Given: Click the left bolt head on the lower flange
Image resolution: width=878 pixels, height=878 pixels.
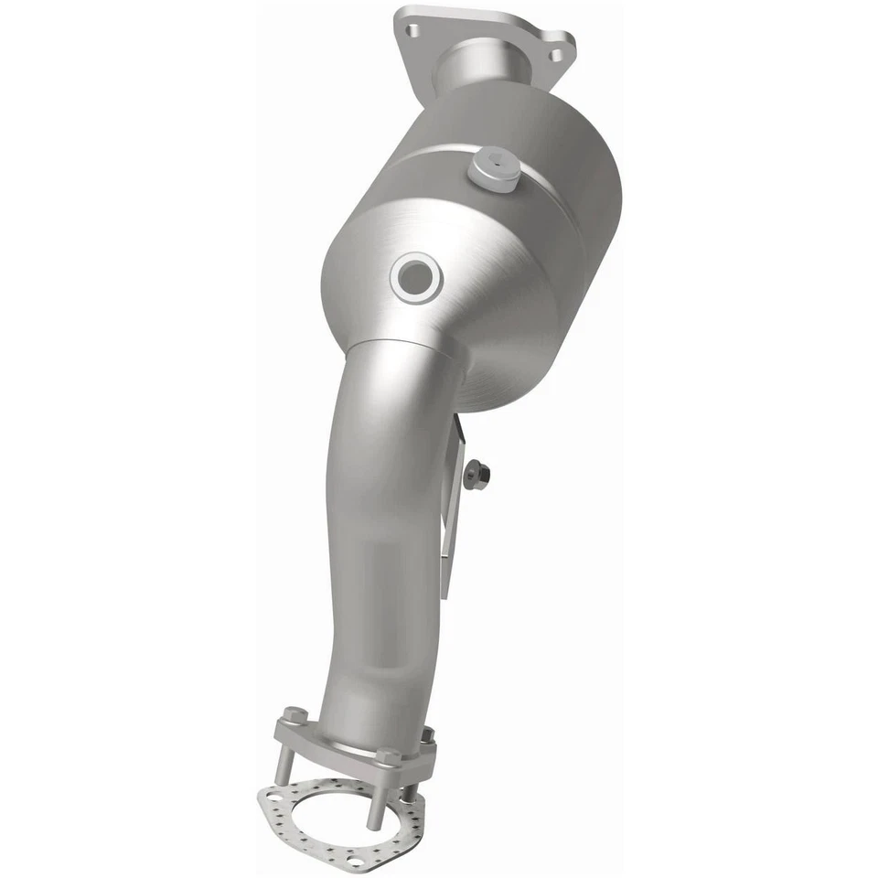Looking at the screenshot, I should click(293, 714).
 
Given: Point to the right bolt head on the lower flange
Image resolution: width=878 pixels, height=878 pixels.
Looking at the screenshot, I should click(427, 733).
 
